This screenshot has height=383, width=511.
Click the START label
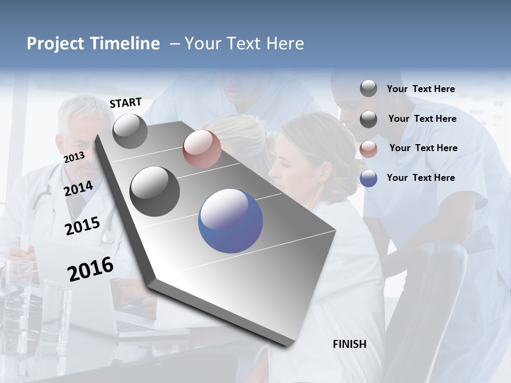click(x=126, y=103)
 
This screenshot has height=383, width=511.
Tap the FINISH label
click(x=350, y=344)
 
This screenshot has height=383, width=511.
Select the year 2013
click(x=74, y=157)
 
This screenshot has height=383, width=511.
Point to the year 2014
click(x=79, y=188)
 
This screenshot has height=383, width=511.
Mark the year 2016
click(x=90, y=269)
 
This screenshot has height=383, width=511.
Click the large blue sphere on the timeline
click(x=230, y=221)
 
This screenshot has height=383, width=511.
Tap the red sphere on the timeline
click(x=202, y=149)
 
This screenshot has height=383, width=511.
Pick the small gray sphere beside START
click(x=130, y=131)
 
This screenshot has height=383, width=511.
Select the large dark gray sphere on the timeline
click(x=155, y=191)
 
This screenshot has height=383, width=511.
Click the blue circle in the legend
click(x=368, y=178)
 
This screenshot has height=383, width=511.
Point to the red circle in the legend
click(x=368, y=148)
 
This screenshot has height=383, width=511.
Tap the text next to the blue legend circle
click(x=421, y=178)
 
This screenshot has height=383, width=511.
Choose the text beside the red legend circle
click(x=423, y=148)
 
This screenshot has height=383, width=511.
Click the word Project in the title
click(x=56, y=44)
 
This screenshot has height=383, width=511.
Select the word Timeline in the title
click(x=126, y=44)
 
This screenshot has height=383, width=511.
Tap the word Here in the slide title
click(x=285, y=44)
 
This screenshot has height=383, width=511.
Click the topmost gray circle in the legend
click(x=368, y=88)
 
